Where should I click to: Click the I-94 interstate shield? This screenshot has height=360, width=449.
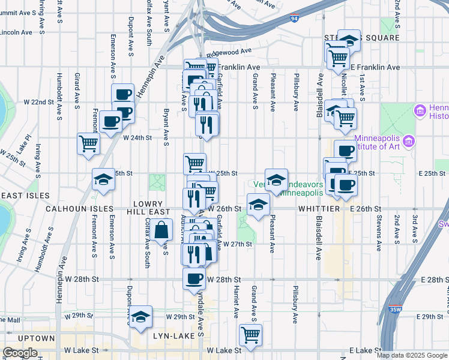click(x=293, y=18)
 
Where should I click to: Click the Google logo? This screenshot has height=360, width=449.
click(x=20, y=353)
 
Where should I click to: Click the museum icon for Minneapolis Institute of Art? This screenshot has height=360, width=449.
click(x=410, y=142)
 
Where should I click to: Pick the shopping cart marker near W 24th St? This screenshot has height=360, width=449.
click(x=88, y=143)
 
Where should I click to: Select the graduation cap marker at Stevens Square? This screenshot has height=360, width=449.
click(x=349, y=40)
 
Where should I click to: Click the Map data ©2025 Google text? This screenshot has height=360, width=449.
click(x=412, y=355)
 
